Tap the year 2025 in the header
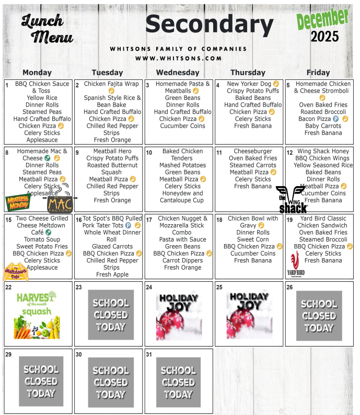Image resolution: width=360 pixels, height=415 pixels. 324,37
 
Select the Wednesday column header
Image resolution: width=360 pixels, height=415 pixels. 178,73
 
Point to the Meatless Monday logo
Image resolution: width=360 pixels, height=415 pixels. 18,201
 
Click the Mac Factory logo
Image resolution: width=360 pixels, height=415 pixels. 60,203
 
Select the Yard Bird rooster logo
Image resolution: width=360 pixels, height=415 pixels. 296,264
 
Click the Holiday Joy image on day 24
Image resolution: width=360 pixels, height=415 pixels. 179,315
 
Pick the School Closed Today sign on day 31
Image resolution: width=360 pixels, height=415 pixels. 179,382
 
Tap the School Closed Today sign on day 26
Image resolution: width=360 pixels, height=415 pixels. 319,315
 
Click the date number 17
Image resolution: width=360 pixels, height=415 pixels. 149,220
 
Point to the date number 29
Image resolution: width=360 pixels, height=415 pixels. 8,354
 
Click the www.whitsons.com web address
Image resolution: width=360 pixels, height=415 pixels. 178,59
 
